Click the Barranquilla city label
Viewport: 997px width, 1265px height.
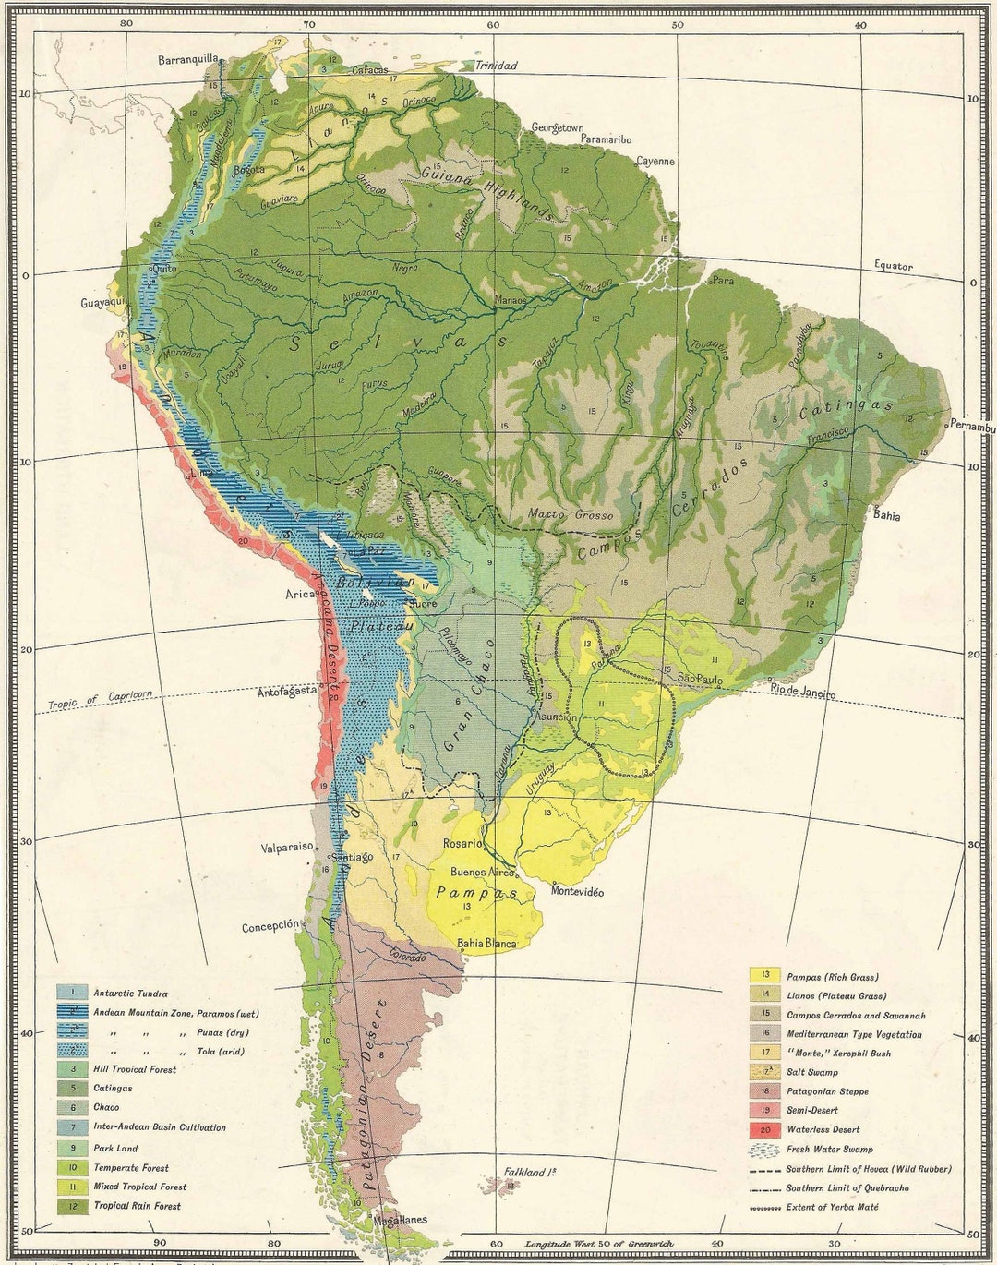[188, 59]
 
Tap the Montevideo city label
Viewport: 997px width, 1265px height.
[577, 891]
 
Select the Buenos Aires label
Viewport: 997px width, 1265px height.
[482, 872]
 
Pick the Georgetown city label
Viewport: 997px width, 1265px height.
[558, 128]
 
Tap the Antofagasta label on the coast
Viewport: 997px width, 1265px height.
[287, 691]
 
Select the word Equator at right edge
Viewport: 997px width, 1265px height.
[894, 266]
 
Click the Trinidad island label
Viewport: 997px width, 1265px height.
[496, 66]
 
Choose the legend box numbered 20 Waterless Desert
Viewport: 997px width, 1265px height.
[765, 1129]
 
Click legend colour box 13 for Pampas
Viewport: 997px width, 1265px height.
[765, 976]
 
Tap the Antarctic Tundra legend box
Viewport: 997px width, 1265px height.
[73, 994]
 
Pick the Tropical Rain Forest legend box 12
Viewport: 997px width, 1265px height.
[73, 1206]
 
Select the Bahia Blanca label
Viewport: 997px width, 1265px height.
[486, 944]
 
